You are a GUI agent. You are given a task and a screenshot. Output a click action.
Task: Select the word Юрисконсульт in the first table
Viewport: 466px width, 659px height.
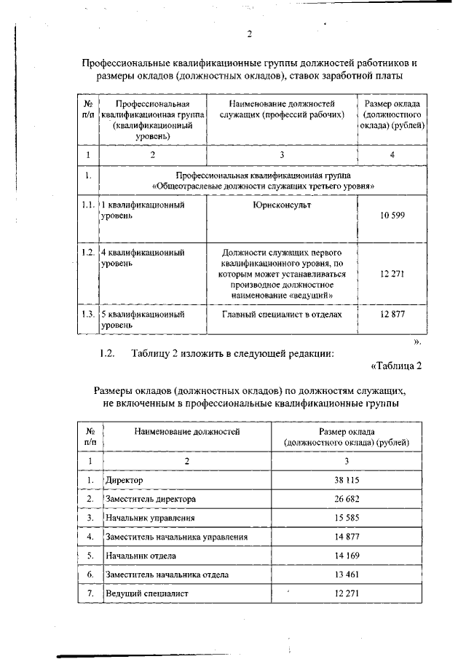(281, 205)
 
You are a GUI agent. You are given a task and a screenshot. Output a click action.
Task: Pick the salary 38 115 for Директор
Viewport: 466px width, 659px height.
(347, 481)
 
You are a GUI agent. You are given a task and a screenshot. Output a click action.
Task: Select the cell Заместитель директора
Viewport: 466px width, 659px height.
(151, 500)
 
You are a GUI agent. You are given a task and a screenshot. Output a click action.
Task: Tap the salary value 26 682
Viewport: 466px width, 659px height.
(347, 500)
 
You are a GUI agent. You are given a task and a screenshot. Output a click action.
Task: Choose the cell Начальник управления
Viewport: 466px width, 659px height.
(150, 518)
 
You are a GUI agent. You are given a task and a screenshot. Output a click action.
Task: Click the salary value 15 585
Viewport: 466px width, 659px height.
(347, 518)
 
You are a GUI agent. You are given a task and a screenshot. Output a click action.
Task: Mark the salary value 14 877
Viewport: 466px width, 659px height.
(347, 537)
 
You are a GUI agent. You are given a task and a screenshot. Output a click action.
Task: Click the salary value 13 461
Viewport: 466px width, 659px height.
(347, 575)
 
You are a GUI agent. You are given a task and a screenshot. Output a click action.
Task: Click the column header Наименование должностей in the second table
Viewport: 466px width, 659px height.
(186, 432)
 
